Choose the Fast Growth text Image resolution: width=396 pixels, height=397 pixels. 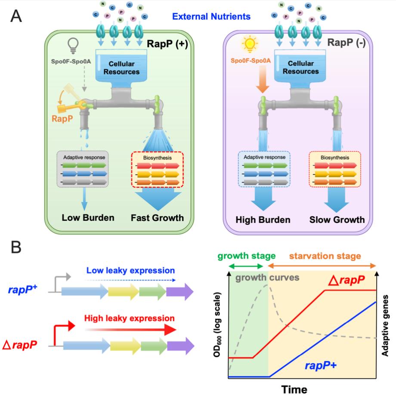(157, 218)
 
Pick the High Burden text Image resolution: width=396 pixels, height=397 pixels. (263, 220)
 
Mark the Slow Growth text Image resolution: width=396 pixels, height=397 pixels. (337, 220)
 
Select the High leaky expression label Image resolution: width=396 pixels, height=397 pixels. (130, 318)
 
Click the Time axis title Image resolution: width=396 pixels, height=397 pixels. (294, 389)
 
